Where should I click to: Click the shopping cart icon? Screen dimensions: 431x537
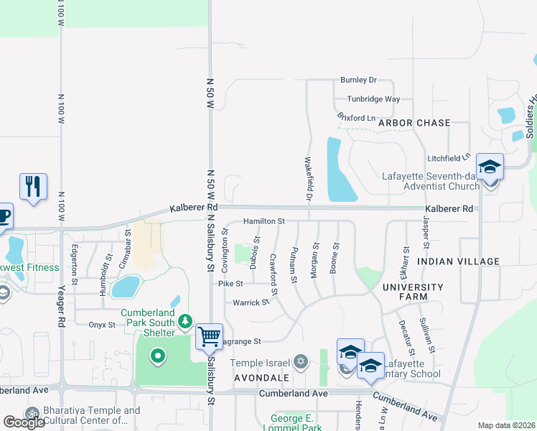pyautogui.click(x=209, y=335)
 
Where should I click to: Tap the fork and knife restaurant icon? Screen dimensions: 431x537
pyautogui.click(x=33, y=187)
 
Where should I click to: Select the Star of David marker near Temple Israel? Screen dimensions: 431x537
pyautogui.click(x=302, y=361)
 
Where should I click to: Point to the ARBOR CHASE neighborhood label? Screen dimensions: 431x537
pyautogui.click(x=414, y=124)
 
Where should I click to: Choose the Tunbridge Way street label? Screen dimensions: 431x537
pyautogui.click(x=373, y=99)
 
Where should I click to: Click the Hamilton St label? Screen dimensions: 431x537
pyautogui.click(x=264, y=221)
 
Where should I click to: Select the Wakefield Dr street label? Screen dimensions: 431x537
pyautogui.click(x=309, y=179)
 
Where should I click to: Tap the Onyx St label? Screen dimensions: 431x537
pyautogui.click(x=102, y=325)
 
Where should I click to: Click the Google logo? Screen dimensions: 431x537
pyautogui.click(x=24, y=422)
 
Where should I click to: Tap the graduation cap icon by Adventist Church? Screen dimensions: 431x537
pyautogui.click(x=490, y=167)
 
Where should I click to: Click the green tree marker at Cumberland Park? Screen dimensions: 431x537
pyautogui.click(x=186, y=320)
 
